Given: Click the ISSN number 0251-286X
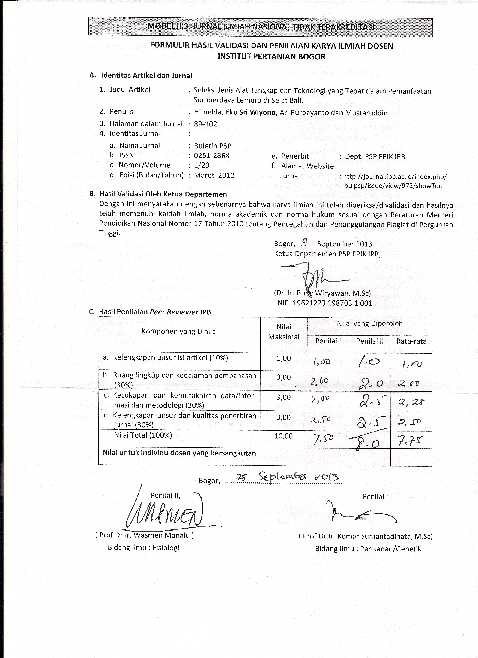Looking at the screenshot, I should pyautogui.click(x=212, y=156).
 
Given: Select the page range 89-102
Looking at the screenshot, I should pyautogui.click(x=205, y=124).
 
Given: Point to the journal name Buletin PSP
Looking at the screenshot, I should pyautogui.click(x=213, y=146).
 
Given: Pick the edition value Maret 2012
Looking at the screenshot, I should pyautogui.click(x=214, y=175).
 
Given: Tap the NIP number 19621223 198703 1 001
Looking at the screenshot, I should pyautogui.click(x=325, y=303).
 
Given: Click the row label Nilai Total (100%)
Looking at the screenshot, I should pyautogui.click(x=143, y=435).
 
